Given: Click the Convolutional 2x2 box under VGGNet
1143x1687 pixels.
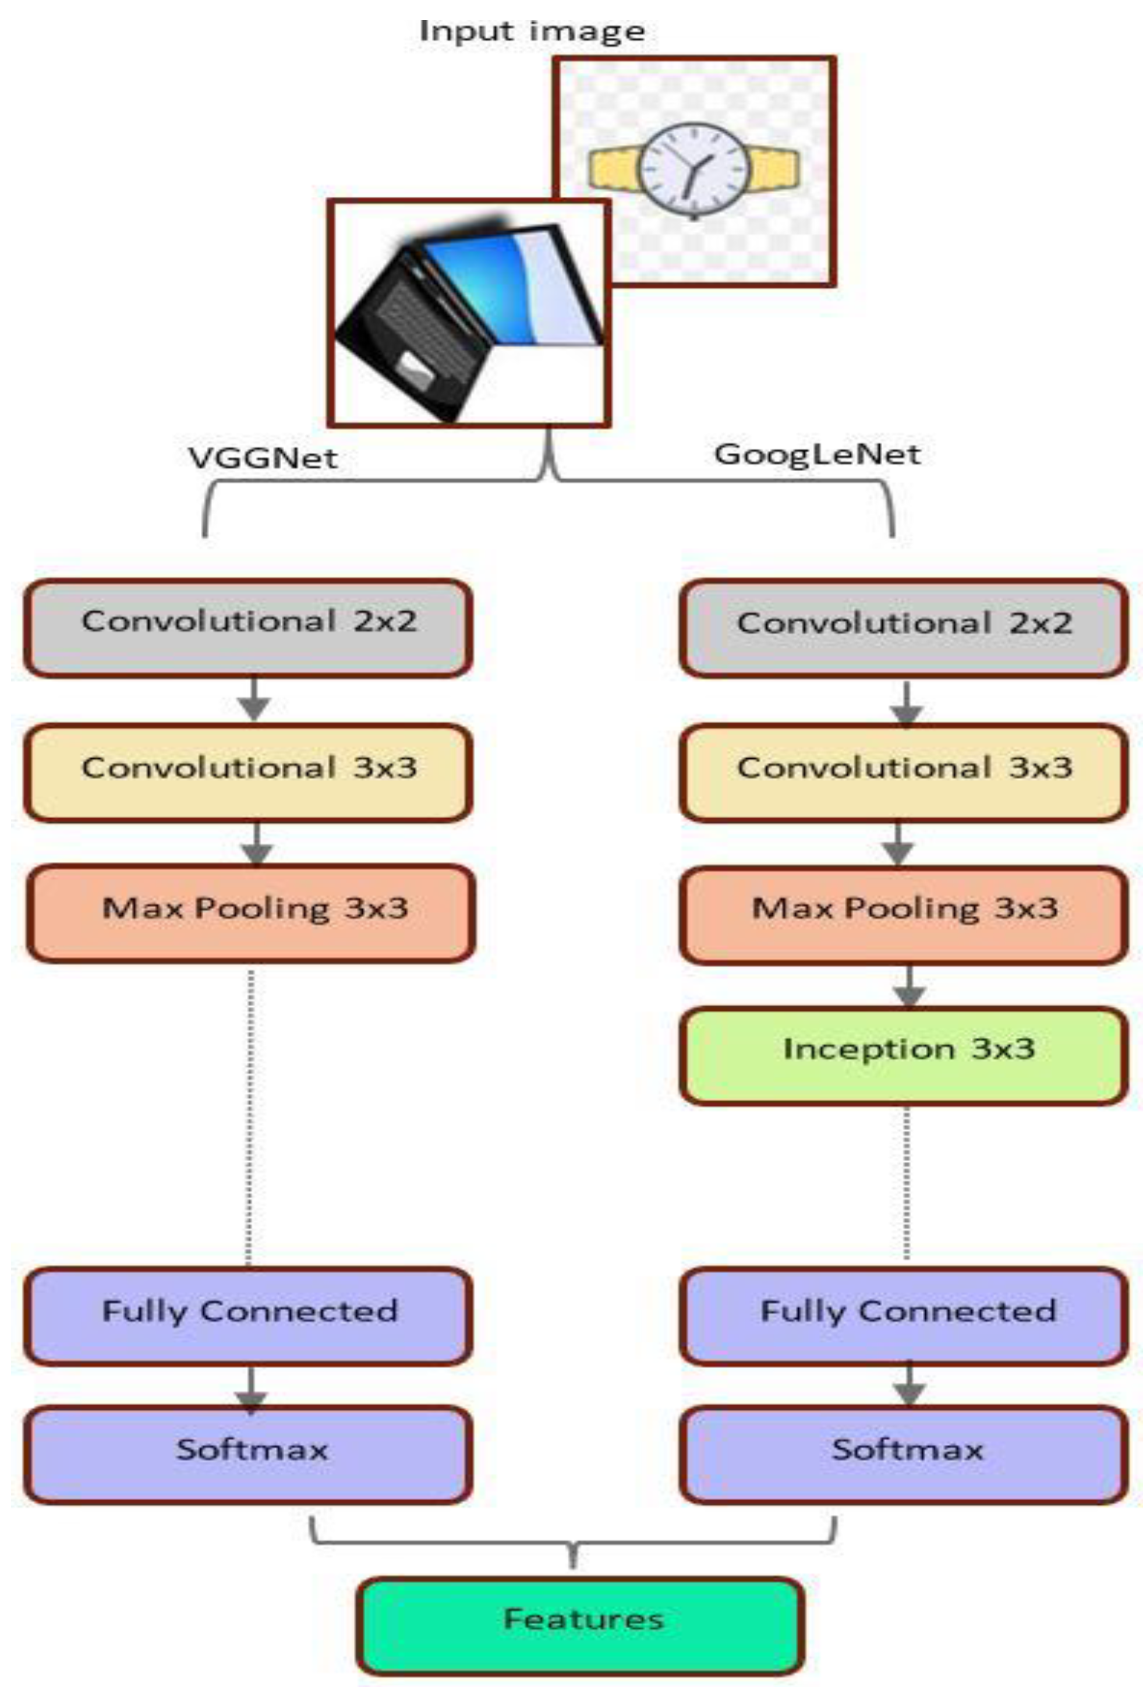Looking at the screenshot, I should pos(249,629).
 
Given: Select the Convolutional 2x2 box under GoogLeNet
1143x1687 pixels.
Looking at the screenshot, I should pos(904,629).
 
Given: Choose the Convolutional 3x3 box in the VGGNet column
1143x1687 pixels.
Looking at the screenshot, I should pos(249,772).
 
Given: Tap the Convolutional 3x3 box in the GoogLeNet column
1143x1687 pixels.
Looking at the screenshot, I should pos(904,772).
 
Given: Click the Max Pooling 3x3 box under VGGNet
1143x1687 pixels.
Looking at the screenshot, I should pos(251,913).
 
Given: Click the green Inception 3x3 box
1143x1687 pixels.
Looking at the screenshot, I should pos(904,1055).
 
